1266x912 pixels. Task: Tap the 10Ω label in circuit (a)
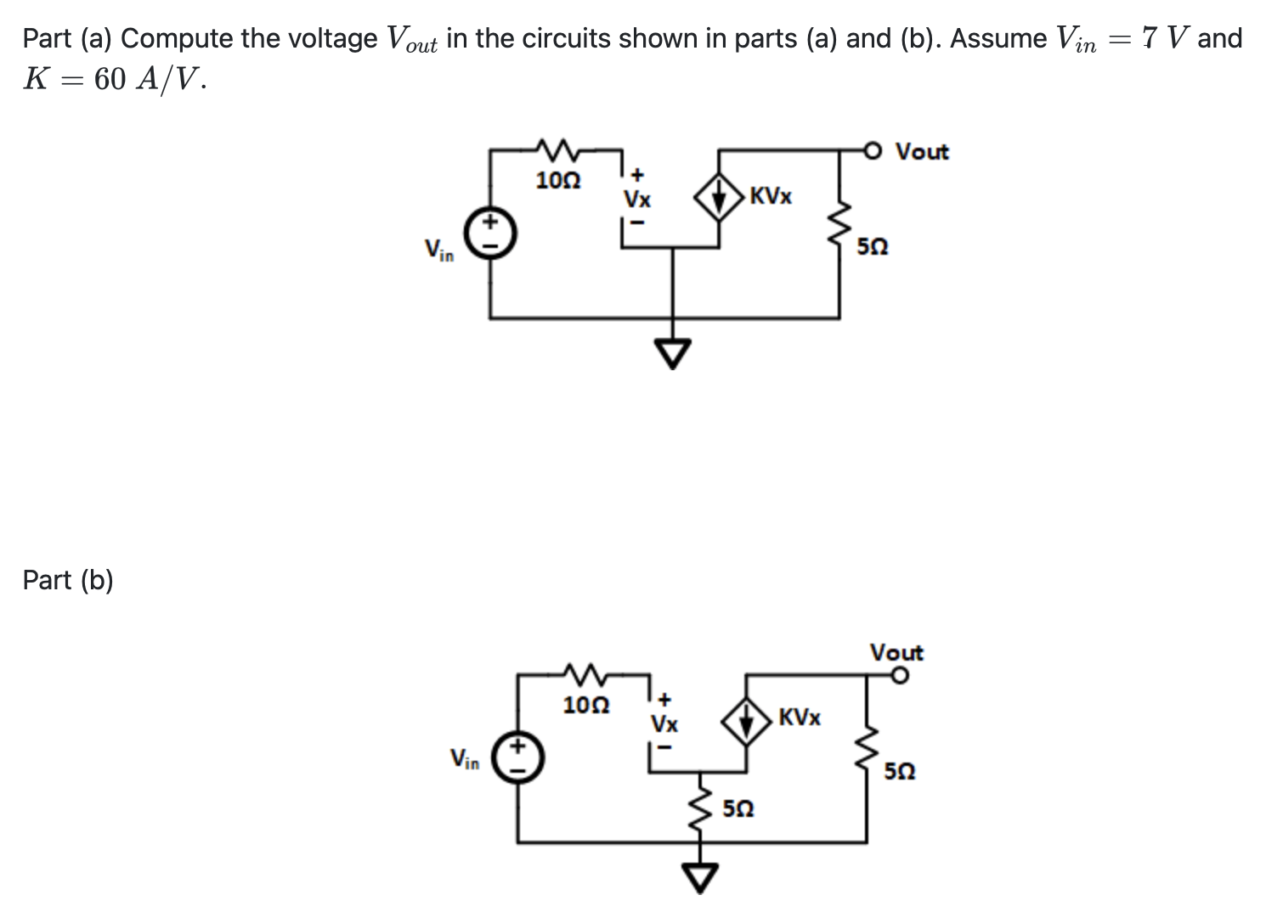pos(558,181)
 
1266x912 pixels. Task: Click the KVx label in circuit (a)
pos(771,196)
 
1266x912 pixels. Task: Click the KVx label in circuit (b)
pos(799,718)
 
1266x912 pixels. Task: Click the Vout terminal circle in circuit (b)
pos(900,676)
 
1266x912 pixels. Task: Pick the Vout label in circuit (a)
pos(922,152)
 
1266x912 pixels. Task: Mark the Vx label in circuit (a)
pos(637,200)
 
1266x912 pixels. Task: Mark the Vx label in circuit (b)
pos(664,725)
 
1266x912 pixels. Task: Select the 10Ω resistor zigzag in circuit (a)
pos(557,150)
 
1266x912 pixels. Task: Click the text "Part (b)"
pos(68,580)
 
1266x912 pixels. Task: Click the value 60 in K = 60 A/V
pos(110,79)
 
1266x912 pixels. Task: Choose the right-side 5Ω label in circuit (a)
pos(873,247)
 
